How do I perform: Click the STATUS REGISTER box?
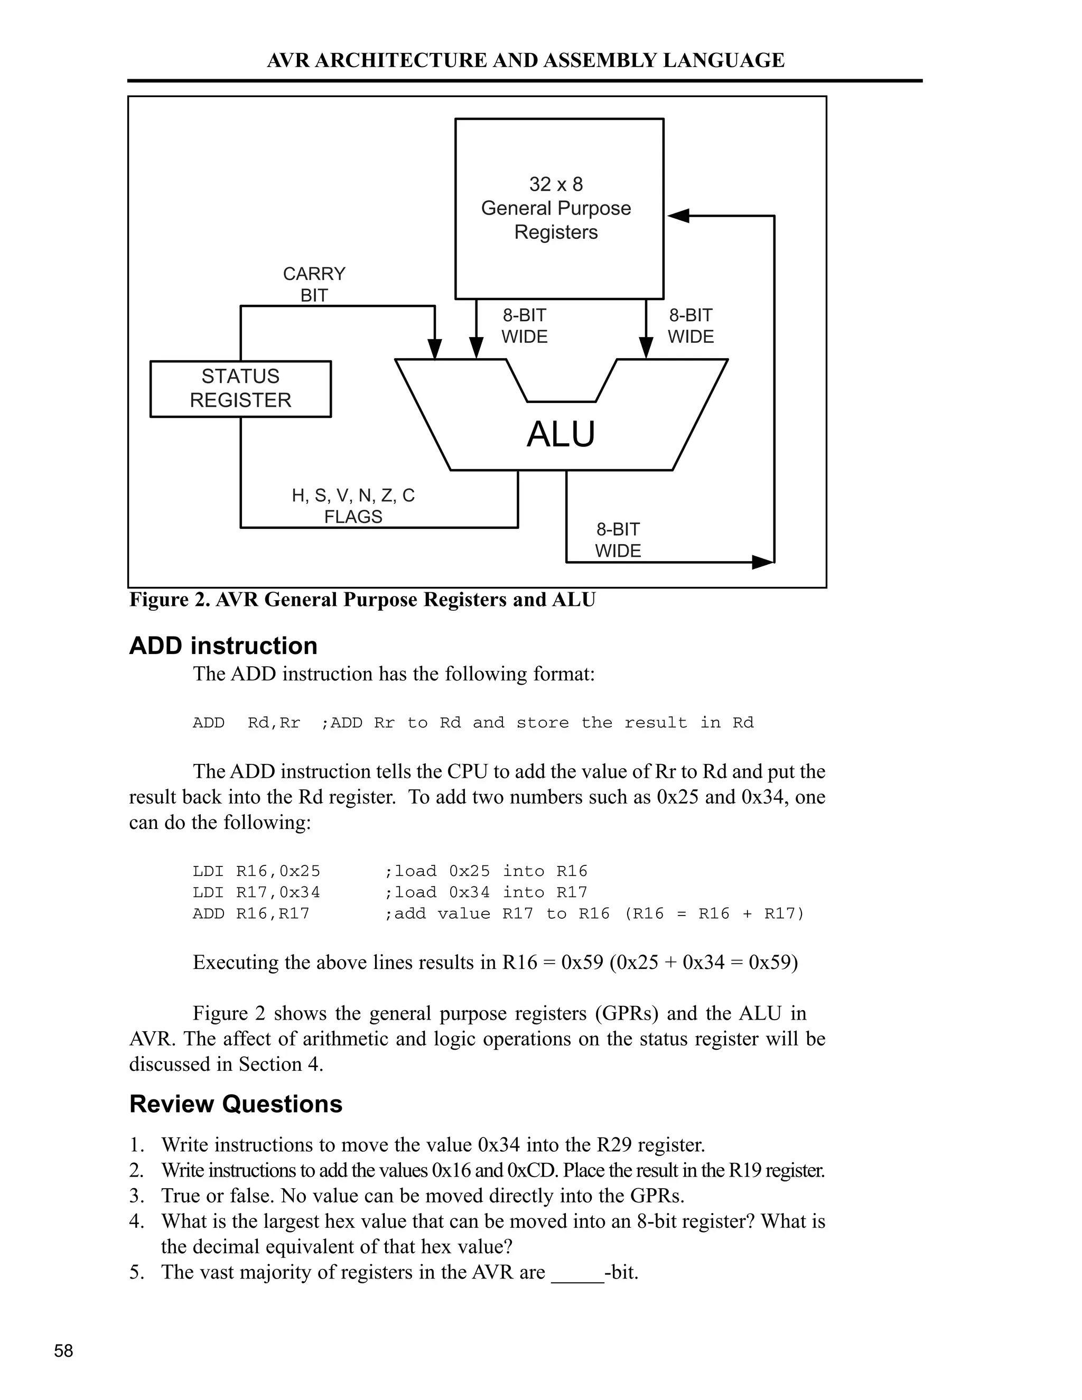click(240, 388)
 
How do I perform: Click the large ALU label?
click(561, 435)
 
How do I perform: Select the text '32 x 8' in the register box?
click(556, 184)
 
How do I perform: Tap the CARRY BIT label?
click(314, 284)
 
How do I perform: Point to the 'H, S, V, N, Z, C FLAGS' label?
click(353, 505)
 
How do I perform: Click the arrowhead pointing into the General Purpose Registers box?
click(678, 216)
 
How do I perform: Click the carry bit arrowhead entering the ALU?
click(435, 349)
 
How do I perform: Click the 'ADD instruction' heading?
click(223, 646)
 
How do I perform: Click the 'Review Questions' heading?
click(236, 1104)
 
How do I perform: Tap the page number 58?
click(63, 1351)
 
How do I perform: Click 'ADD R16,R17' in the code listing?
click(250, 913)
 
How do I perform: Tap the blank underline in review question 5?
click(577, 1273)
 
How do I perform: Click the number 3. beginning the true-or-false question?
click(136, 1196)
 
